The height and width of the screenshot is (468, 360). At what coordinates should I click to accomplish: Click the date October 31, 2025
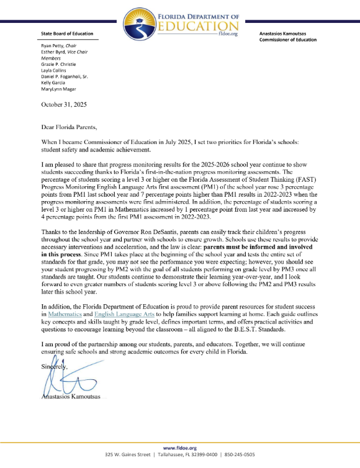[x=64, y=104]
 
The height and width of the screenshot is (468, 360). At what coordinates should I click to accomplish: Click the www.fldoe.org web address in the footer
[x=179, y=448]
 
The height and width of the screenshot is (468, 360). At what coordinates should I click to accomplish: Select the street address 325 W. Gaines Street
[x=128, y=454]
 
